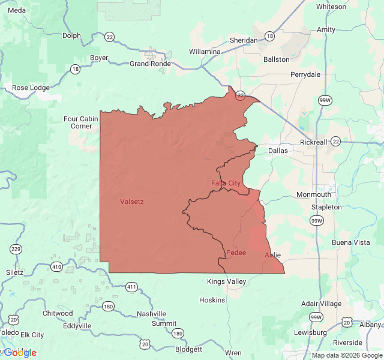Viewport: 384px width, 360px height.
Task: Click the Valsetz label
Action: point(131,202)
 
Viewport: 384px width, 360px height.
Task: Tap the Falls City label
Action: point(226,182)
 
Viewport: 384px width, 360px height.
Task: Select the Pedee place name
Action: point(236,253)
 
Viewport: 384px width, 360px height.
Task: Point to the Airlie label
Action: point(272,255)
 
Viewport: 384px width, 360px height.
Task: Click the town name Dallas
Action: point(278,151)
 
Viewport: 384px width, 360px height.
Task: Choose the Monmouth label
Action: point(313,194)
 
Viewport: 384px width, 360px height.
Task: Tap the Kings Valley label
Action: point(226,281)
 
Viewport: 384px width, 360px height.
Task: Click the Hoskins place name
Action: point(212,300)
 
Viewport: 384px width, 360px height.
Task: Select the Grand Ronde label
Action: point(150,64)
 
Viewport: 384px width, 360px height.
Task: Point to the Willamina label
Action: point(205,52)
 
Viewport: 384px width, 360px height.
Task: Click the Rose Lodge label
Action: point(31,88)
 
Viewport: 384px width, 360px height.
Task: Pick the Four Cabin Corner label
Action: point(82,122)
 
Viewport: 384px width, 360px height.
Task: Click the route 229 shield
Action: point(15,249)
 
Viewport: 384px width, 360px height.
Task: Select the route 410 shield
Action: point(56,266)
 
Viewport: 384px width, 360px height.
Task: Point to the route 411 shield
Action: point(132,287)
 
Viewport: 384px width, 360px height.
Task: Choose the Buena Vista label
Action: point(351,242)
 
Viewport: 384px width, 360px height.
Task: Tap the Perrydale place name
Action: point(305,74)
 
